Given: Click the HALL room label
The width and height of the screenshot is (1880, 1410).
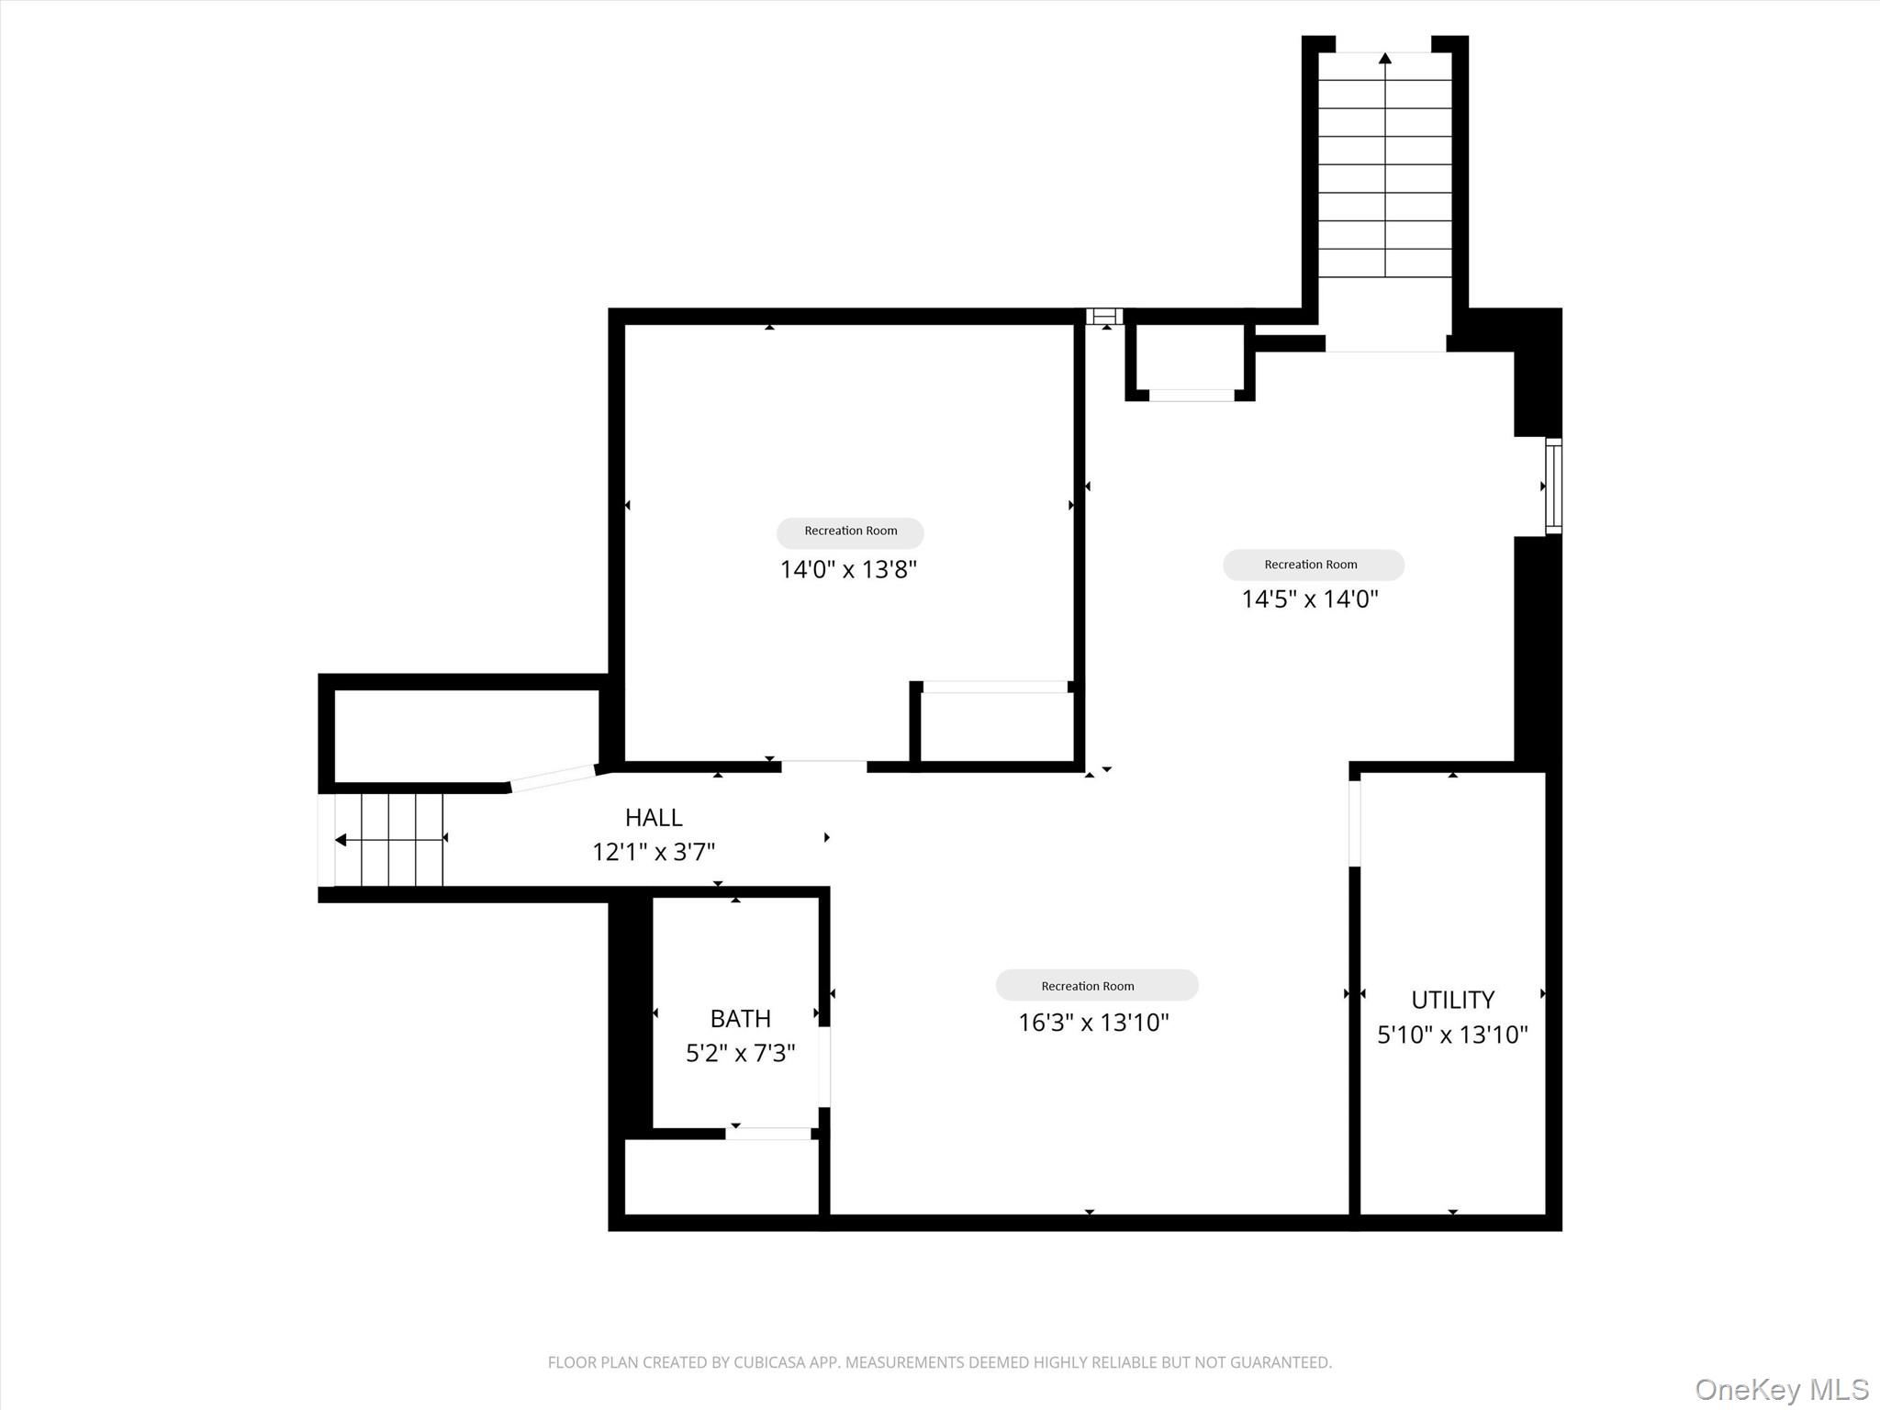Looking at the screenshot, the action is [x=654, y=817].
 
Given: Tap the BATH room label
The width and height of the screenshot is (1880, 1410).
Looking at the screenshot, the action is [x=740, y=1018].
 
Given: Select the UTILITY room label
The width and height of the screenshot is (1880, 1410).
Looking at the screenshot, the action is [x=1452, y=999].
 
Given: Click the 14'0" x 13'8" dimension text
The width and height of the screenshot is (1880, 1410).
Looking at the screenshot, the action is [x=848, y=569].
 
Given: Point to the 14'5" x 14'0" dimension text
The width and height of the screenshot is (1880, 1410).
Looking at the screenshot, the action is [x=1310, y=599].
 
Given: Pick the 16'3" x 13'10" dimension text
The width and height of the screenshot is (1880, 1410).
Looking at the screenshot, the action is [x=1093, y=1022].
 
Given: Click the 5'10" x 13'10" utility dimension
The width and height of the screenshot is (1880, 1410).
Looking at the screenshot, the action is [x=1452, y=1035].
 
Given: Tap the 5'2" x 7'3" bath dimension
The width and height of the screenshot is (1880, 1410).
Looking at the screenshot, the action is [x=740, y=1053].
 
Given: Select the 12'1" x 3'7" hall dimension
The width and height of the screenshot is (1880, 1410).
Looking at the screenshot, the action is [x=654, y=852].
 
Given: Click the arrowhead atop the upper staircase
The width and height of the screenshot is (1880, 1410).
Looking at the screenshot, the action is [x=1385, y=59].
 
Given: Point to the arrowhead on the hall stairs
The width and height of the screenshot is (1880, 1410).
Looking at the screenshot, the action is [x=341, y=840].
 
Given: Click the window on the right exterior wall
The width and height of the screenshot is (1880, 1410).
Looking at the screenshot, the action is [x=1553, y=486].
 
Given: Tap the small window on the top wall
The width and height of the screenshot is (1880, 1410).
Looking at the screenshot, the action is [x=1104, y=317].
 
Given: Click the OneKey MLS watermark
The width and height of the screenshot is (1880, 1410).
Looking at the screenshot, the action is [x=1781, y=1389].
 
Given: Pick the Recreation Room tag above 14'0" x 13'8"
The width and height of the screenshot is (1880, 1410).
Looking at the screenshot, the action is [x=850, y=532].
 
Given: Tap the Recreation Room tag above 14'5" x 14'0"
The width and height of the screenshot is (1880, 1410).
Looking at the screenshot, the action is [x=1313, y=565].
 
